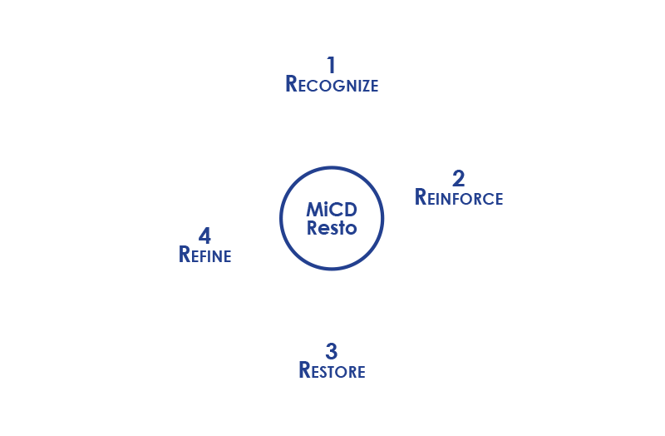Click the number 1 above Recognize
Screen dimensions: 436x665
click(x=332, y=64)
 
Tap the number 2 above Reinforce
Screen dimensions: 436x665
click(x=458, y=177)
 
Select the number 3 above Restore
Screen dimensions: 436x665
click(x=332, y=350)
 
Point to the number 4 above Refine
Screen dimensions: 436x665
click(x=204, y=235)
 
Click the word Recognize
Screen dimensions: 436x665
click(x=332, y=84)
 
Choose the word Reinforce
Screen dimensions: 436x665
click(x=458, y=198)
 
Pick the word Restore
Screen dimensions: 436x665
click(x=332, y=370)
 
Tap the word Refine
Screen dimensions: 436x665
click(x=204, y=255)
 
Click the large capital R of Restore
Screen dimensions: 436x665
click(x=305, y=369)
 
